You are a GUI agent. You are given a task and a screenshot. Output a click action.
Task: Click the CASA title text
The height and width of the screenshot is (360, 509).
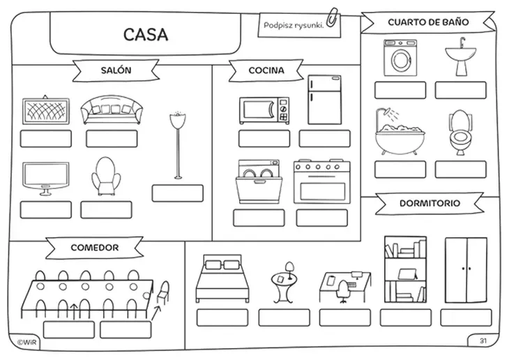coord(146,34)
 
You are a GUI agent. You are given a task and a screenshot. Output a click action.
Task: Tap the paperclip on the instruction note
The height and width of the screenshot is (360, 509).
coord(332,17)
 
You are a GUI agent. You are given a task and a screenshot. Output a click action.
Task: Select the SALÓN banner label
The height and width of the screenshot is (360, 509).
coord(116,70)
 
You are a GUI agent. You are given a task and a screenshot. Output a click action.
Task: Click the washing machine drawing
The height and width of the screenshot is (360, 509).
coord(400,58)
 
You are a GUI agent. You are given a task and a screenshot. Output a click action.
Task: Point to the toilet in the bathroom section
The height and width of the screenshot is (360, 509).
coord(459,133)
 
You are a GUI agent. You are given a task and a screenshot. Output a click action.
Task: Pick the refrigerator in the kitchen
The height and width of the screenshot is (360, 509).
coord(325,100)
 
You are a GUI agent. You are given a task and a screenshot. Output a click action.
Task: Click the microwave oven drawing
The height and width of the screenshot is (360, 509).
coord(264,110)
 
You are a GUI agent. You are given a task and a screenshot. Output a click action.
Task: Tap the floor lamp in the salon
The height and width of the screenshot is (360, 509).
coord(178,145)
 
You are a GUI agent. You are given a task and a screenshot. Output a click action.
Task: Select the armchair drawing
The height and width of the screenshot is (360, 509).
coord(105,177)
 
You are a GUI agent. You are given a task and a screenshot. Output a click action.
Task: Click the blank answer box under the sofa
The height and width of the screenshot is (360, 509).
coord(112,139)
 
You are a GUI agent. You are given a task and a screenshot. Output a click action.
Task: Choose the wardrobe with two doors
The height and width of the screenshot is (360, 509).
coord(466,270)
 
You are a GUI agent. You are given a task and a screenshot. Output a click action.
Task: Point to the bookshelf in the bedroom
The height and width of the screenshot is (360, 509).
coord(405,270)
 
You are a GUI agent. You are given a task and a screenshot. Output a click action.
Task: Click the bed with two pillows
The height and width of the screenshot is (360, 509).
coord(222,278)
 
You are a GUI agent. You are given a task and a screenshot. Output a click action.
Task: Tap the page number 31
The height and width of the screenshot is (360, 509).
coord(483,340)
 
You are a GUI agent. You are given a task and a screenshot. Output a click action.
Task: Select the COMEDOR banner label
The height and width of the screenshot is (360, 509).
coord(94,248)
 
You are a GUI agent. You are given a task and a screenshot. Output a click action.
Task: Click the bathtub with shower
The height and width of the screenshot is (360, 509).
coord(400,132)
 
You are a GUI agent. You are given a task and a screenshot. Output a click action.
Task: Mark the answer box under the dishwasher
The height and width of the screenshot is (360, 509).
coord(259,218)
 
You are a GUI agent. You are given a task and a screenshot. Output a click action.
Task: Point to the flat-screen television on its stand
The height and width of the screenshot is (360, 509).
coord(46,179)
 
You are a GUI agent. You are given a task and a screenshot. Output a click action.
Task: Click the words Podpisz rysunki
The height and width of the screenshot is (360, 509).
coord(294,25)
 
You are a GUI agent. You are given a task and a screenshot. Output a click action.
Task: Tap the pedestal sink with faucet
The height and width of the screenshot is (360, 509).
coord(460,57)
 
